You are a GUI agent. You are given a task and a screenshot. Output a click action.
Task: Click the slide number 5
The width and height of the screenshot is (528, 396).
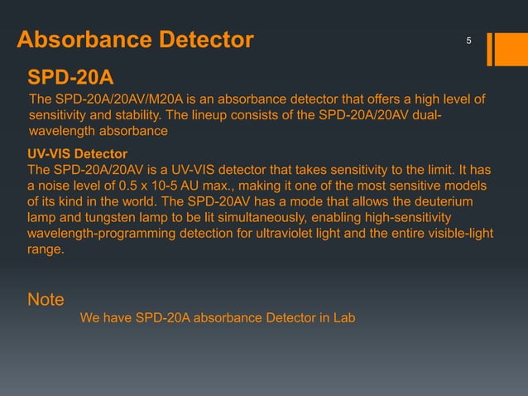468,41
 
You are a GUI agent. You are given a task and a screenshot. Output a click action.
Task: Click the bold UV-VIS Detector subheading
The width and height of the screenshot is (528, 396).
77,155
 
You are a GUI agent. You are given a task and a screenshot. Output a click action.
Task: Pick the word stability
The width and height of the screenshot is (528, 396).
158,116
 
